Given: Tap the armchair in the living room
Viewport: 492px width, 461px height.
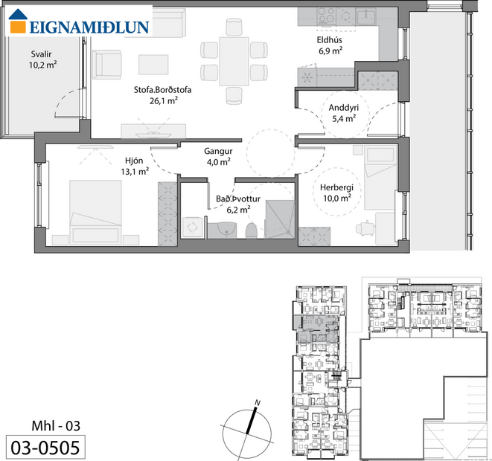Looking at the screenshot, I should click(108, 64).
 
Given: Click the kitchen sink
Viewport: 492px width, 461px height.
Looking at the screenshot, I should click(365, 16).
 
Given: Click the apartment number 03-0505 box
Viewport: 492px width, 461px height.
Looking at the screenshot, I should click(43, 446).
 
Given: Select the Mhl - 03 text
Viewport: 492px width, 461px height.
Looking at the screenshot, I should click(54, 425).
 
